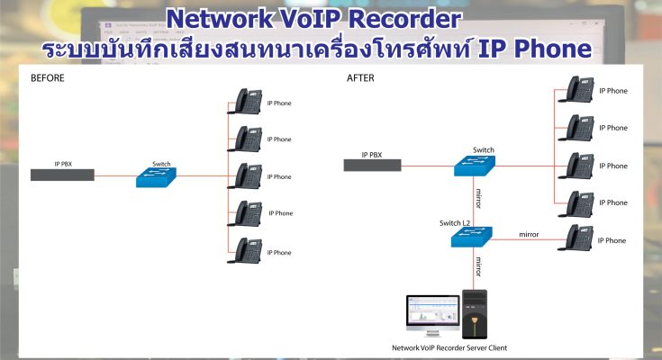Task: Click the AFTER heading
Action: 359,77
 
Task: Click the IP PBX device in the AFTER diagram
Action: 372,165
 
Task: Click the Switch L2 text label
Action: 454,222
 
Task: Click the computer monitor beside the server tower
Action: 431,315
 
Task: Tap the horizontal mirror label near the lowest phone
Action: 529,234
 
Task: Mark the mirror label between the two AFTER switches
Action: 479,197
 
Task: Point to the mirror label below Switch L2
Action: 479,266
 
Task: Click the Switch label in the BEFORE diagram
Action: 161,164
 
